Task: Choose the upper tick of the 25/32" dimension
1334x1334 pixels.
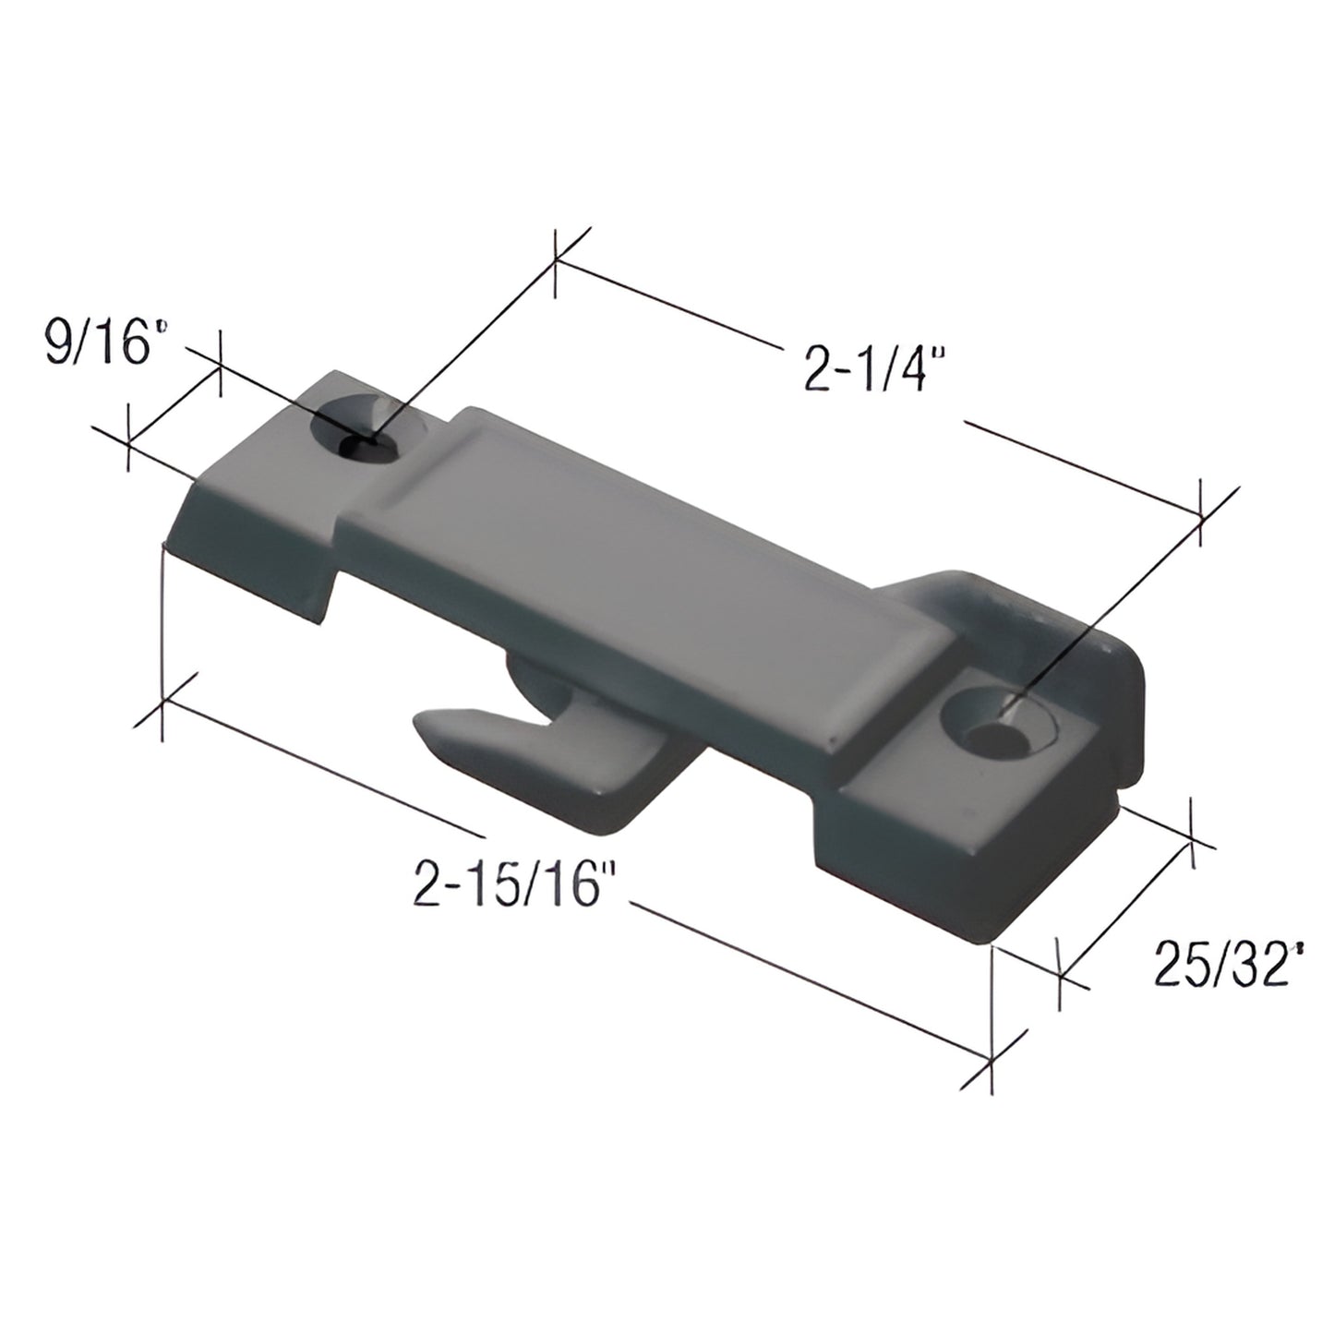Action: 1192,835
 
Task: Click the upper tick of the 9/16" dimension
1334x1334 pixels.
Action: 220,363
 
